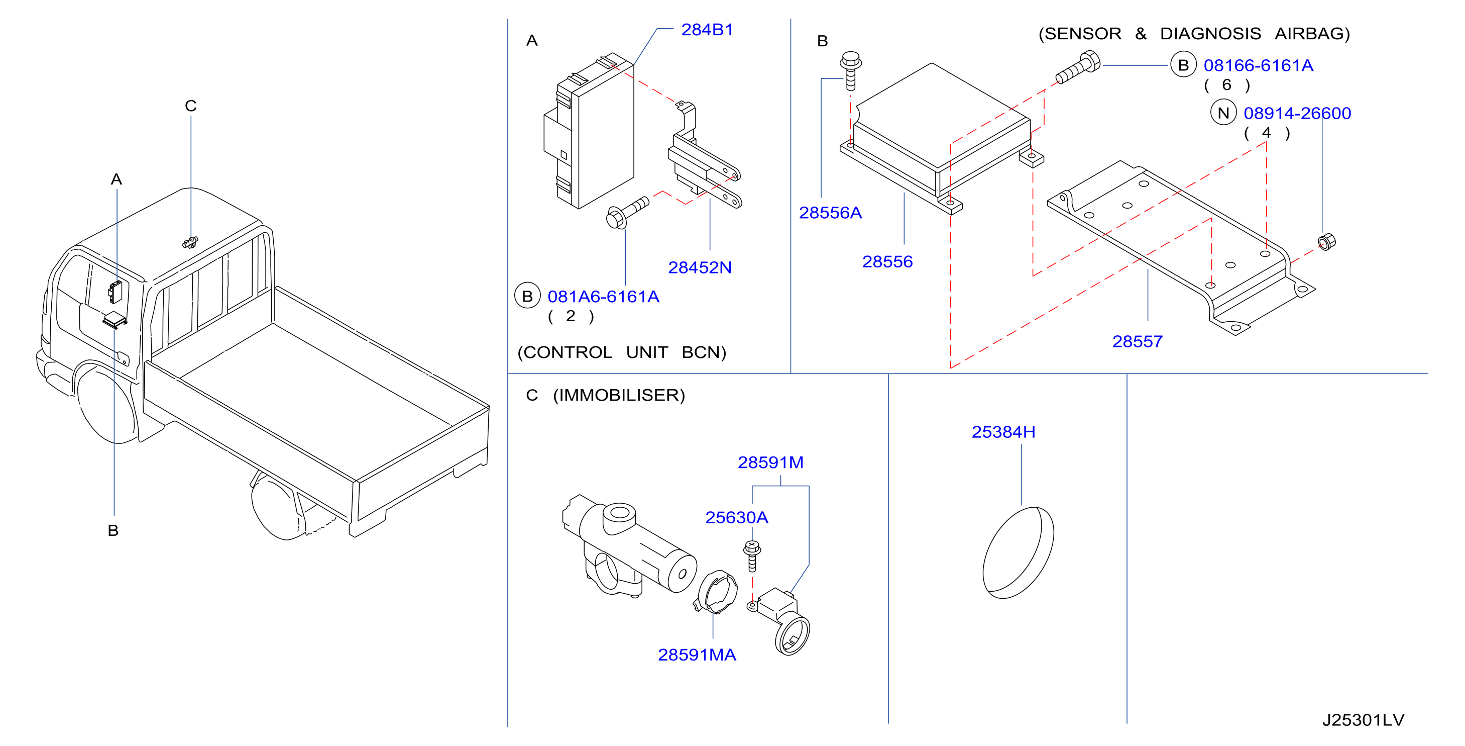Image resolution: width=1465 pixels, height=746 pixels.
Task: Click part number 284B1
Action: coord(707,30)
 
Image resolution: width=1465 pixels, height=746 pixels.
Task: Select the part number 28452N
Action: coord(700,267)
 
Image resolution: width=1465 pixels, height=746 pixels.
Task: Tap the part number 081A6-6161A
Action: coord(603,297)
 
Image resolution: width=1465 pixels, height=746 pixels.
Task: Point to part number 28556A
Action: coord(830,213)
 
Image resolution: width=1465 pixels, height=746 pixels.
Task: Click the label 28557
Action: coord(1138,341)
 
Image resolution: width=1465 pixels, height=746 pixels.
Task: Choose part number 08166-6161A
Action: coord(1259,65)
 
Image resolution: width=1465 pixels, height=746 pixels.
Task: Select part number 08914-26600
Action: coord(1297,113)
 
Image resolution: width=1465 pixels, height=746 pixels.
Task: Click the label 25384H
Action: coord(1003,432)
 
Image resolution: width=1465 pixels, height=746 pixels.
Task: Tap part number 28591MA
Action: coord(697,655)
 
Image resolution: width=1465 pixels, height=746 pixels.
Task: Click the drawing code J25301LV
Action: coord(1363,720)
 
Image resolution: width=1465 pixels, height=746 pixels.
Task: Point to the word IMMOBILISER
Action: coord(619,395)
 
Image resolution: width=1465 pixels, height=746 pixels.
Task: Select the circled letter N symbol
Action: coord(1223,113)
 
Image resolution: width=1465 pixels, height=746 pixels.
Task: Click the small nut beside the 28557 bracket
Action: coord(1326,242)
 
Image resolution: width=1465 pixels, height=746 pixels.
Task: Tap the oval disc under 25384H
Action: coord(1018,552)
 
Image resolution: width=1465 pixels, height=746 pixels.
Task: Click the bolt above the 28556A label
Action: coord(851,70)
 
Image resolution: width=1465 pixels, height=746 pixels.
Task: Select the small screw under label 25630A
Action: coord(752,556)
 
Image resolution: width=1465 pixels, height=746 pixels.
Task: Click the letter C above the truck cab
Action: coord(190,106)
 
